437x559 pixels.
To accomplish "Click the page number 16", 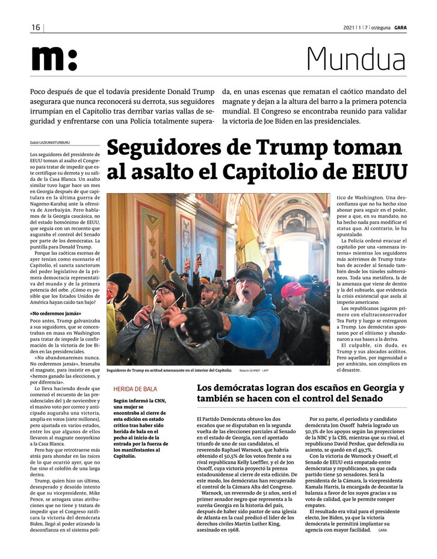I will tap(36, 28).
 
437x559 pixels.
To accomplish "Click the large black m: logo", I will tap(54, 59).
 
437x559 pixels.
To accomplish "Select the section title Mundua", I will tap(356, 59).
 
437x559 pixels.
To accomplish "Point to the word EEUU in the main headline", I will tap(377, 171).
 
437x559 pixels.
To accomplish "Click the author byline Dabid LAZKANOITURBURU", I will tap(50, 143).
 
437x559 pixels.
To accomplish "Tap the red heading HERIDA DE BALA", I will tap(134, 389).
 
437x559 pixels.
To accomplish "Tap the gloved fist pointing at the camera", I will tap(188, 323).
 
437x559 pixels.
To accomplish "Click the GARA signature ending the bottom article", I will tap(383, 531).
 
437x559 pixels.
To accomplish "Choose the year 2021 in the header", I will tap(349, 28).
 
